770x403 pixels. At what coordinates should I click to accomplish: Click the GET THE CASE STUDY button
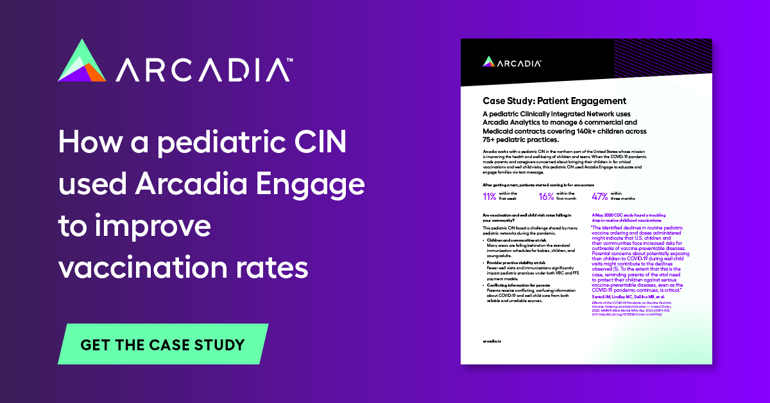coord(162,344)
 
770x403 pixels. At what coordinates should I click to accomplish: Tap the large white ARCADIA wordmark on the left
coord(204,69)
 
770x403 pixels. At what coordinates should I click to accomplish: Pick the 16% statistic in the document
coord(547,197)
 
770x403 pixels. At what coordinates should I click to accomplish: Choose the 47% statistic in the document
coord(601,197)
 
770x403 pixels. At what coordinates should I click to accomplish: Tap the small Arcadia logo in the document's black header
coord(513,62)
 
